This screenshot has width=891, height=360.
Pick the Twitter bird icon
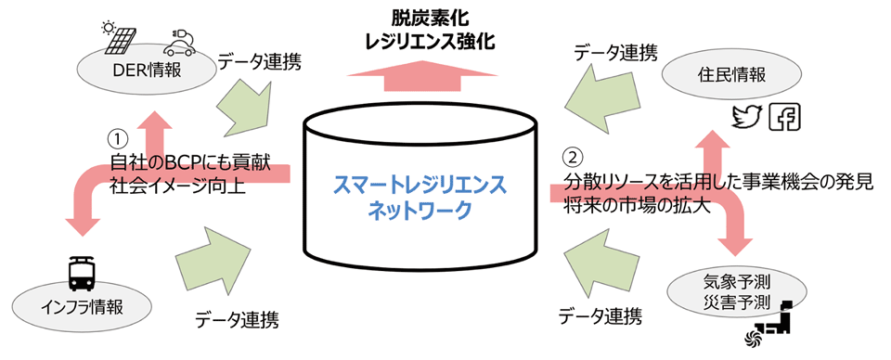(x=746, y=117)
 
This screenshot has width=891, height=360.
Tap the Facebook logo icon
(x=788, y=117)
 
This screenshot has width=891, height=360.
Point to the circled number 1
(x=117, y=137)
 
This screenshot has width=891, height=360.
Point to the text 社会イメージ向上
(x=176, y=186)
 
